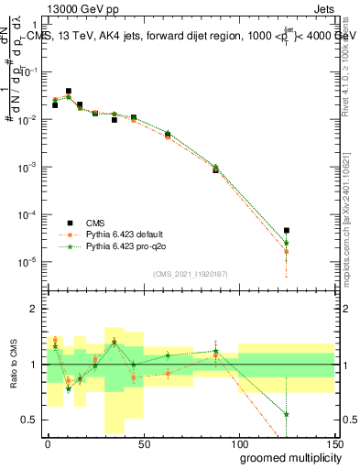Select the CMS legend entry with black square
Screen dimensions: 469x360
pyautogui.click(x=95, y=223)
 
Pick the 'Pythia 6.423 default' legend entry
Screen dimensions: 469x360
pyautogui.click(x=119, y=234)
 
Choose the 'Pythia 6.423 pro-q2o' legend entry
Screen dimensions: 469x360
pyautogui.click(x=120, y=246)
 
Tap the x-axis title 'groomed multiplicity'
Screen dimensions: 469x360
pyautogui.click(x=278, y=457)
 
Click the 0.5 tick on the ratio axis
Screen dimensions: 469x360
pyautogui.click(x=30, y=420)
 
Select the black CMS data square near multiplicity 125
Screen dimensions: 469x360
pyautogui.click(x=287, y=231)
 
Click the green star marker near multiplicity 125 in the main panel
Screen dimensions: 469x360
pyautogui.click(x=287, y=243)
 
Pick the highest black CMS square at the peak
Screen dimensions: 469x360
pyautogui.click(x=69, y=92)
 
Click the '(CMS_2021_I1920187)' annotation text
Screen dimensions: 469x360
pyautogui.click(x=190, y=273)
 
